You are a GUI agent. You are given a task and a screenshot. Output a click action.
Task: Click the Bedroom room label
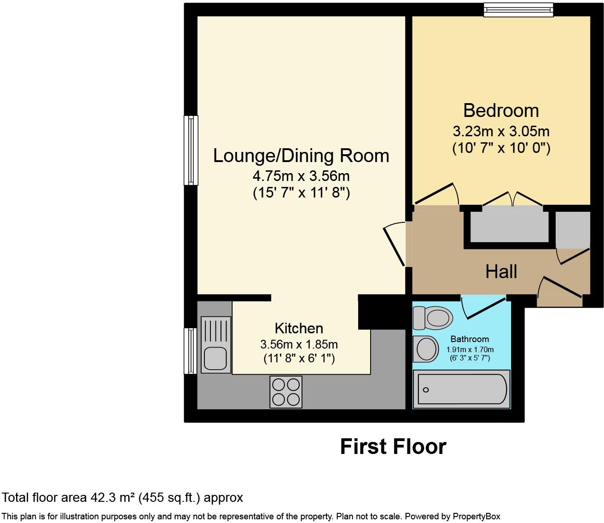(x=501, y=111)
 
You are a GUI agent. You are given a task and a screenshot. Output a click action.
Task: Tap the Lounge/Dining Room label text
(x=301, y=156)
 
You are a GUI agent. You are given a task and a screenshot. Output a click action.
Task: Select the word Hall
(x=501, y=272)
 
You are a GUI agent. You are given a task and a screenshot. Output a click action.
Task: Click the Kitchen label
(x=299, y=328)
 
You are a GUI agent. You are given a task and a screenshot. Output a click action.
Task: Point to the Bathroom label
(x=470, y=339)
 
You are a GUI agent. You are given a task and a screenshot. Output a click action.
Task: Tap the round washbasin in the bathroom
(x=426, y=349)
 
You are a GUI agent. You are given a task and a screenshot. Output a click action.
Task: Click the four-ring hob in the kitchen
(x=286, y=392)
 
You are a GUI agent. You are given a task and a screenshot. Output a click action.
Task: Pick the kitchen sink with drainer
(x=215, y=344)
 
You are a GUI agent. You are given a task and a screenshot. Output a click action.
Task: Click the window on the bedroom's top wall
(x=518, y=10)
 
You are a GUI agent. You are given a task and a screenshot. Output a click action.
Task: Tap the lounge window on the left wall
(x=191, y=150)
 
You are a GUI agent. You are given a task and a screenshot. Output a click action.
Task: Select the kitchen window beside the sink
(x=190, y=351)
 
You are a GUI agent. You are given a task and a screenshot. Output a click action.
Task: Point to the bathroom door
(x=482, y=306)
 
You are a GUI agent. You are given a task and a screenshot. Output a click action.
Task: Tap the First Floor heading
(x=393, y=447)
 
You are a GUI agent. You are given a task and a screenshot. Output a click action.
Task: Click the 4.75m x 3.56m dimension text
(x=301, y=176)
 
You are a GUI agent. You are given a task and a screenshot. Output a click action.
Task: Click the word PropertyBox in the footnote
(x=476, y=517)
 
